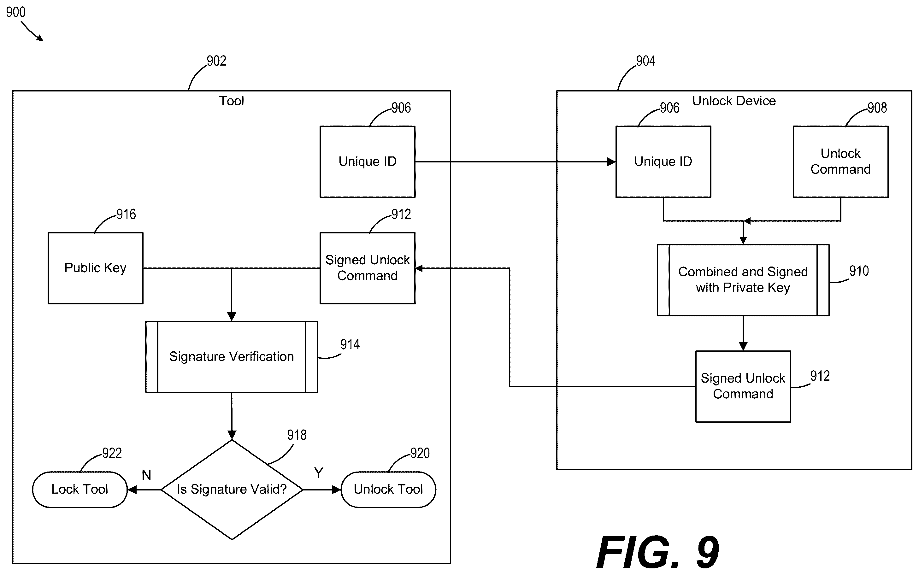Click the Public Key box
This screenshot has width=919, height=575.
96,268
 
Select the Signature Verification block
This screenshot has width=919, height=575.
232,357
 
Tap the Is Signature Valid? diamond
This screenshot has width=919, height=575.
232,490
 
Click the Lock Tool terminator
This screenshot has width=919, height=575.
80,490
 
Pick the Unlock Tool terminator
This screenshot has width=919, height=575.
388,490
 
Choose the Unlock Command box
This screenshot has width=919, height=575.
841,161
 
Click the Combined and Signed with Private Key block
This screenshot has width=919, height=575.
743,280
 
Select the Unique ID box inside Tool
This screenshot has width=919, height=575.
368,161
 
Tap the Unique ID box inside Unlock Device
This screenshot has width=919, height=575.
663,161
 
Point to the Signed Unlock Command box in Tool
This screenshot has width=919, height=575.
368,268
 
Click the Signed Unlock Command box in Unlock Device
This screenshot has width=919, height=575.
743,386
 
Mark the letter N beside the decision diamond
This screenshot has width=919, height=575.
146,475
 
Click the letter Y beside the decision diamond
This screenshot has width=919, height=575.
319,473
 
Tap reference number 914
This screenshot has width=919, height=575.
350,344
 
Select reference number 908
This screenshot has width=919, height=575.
877,108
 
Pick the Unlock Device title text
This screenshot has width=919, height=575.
734,101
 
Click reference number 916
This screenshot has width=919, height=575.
126,214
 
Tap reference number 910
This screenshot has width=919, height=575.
859,271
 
